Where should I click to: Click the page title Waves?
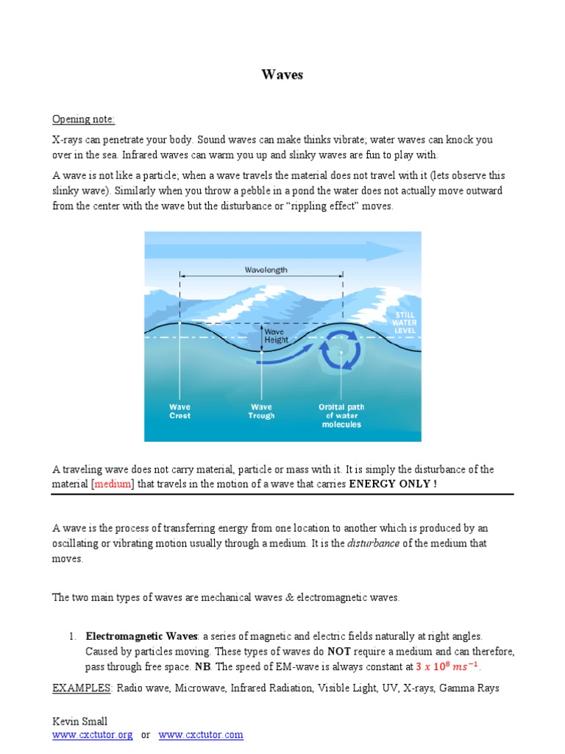pyautogui.click(x=282, y=75)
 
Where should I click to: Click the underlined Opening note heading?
pyautogui.click(x=83, y=119)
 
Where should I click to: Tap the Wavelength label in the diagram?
pyautogui.click(x=266, y=270)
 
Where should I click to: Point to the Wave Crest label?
pyautogui.click(x=180, y=411)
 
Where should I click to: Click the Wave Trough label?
pyautogui.click(x=261, y=411)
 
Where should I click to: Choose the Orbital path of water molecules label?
pyautogui.click(x=341, y=415)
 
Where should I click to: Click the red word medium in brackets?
pyautogui.click(x=113, y=484)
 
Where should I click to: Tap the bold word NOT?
pyautogui.click(x=339, y=652)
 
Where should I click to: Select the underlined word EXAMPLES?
pyautogui.click(x=81, y=688)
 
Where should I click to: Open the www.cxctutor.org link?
pyautogui.click(x=92, y=735)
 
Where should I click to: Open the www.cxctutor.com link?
pyautogui.click(x=201, y=735)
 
